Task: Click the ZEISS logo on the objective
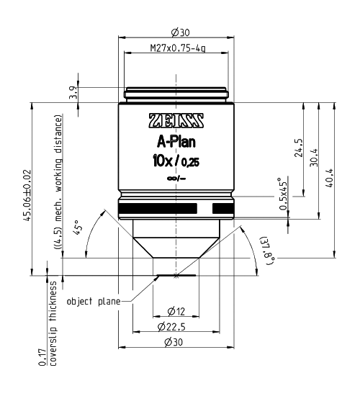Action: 176,120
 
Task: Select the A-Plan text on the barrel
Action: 176,141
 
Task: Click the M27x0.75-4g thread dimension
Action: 177,48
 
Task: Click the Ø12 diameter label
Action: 176,312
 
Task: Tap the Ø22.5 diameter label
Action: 176,328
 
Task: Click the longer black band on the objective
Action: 158,208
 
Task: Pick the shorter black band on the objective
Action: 222,208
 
